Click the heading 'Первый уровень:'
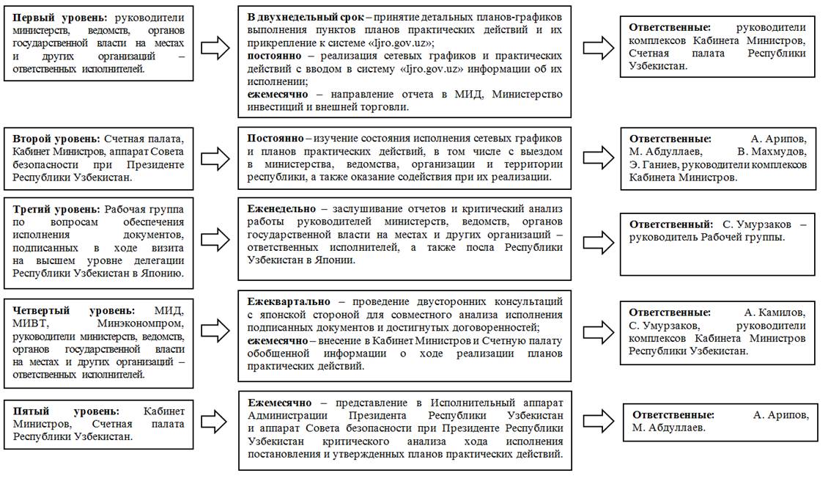[58, 17]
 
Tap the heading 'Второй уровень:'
[57, 139]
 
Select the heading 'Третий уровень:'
[56, 209]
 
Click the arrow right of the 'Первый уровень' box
[215, 48]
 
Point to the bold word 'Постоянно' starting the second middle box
[276, 138]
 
